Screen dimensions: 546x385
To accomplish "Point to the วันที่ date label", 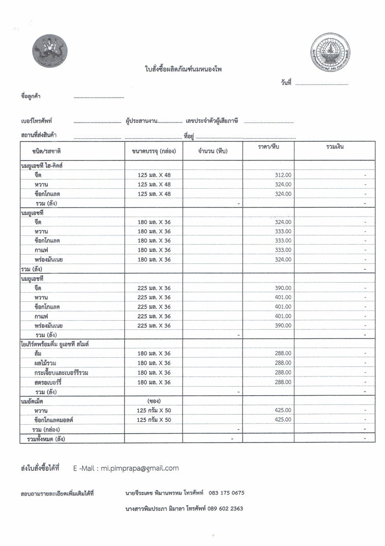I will click(286, 83).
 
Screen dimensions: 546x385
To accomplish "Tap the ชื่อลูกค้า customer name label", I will click(31, 96).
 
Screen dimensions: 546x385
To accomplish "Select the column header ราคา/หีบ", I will click(269, 146).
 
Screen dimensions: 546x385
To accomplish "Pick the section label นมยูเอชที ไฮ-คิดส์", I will click(43, 165).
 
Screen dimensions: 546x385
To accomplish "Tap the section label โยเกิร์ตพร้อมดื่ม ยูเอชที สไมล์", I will click(56, 344).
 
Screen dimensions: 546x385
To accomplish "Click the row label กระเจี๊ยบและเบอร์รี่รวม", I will click(65, 373).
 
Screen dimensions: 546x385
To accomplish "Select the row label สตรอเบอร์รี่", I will click(53, 382).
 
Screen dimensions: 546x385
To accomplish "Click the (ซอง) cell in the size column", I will click(154, 401).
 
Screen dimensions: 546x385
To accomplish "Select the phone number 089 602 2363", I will click(226, 508).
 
